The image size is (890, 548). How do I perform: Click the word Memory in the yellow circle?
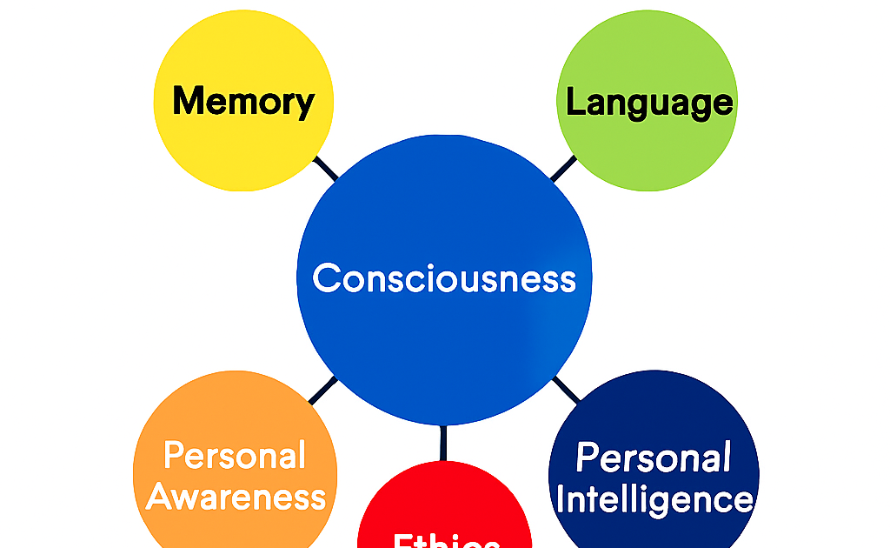pos(242,102)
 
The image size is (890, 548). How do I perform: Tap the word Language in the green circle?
pos(649,103)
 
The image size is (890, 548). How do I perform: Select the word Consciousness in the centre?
pos(444,278)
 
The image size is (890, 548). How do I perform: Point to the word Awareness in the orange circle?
pos(236,498)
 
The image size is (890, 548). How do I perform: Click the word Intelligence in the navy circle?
pos(654,500)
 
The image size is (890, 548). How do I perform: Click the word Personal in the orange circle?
pos(235,456)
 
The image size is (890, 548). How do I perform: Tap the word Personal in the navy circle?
pos(654,458)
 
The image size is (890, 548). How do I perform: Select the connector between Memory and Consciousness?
pos(326,169)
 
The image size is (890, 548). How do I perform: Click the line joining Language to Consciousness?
pos(562,169)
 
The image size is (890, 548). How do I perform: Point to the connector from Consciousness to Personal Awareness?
pos(322,390)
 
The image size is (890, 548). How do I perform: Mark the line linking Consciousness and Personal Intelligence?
pos(566,389)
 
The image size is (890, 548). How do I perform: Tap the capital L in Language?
pos(575,102)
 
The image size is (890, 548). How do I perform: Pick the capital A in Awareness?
pos(161,498)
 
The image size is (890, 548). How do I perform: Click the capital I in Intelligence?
pos(561,500)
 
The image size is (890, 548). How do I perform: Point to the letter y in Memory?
pos(304,105)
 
